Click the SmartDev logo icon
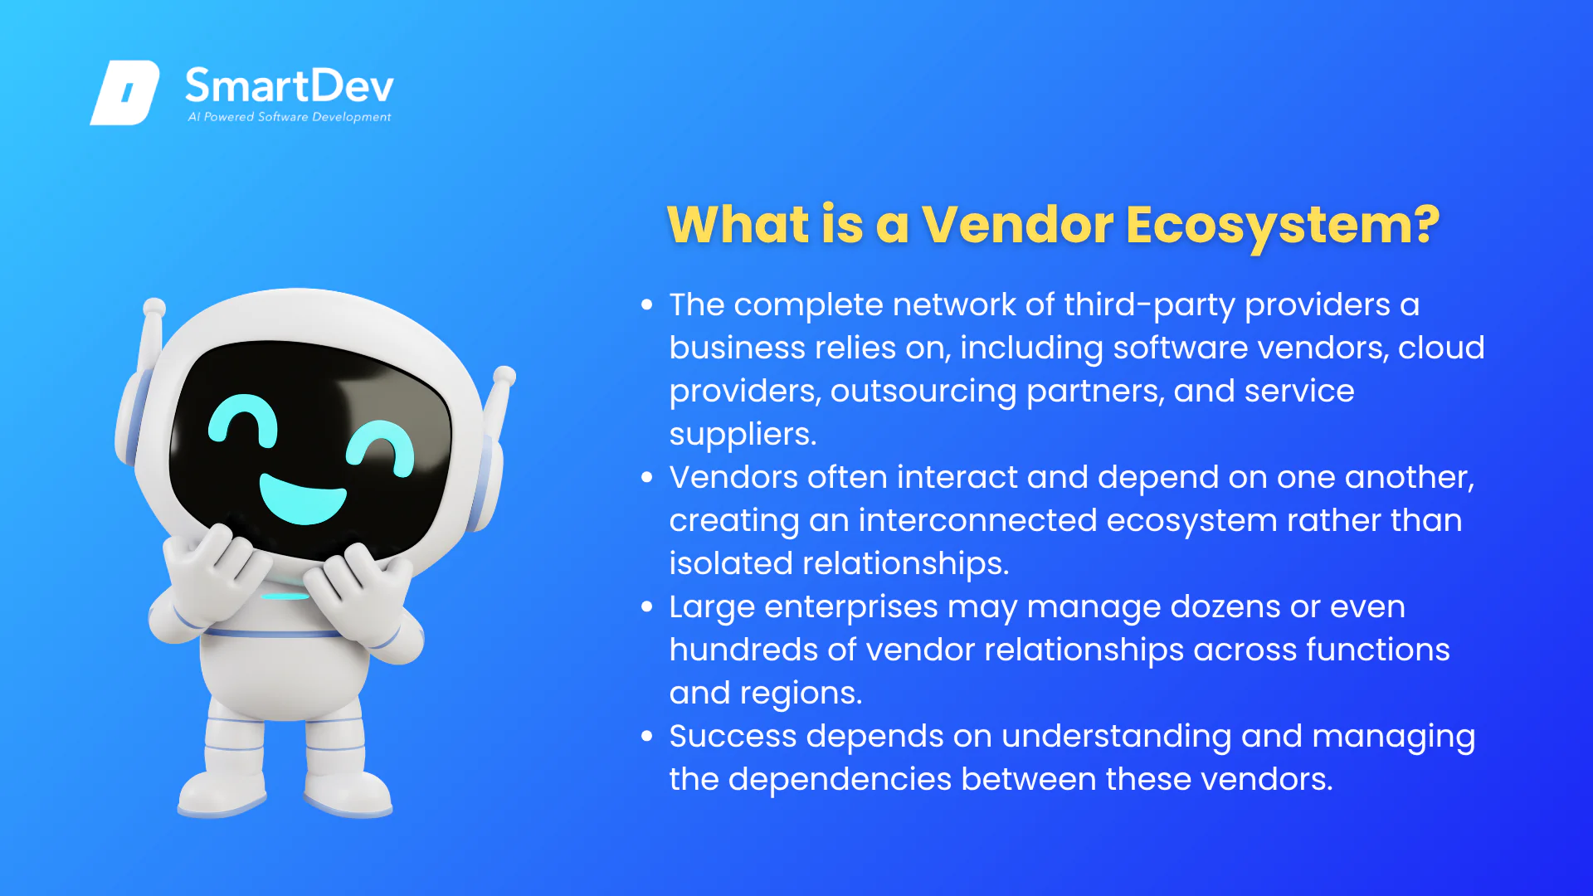click(124, 92)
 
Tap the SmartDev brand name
click(290, 85)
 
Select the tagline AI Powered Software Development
click(290, 117)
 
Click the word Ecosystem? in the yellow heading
click(1283, 226)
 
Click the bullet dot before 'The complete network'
click(647, 305)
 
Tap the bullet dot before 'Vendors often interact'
click(647, 478)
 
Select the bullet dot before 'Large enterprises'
click(647, 607)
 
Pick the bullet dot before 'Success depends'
click(647, 737)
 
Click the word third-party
click(1150, 305)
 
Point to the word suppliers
click(743, 435)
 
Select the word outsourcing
click(923, 392)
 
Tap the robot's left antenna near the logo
click(151, 341)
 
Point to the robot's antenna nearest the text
click(500, 398)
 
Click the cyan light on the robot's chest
click(285, 597)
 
